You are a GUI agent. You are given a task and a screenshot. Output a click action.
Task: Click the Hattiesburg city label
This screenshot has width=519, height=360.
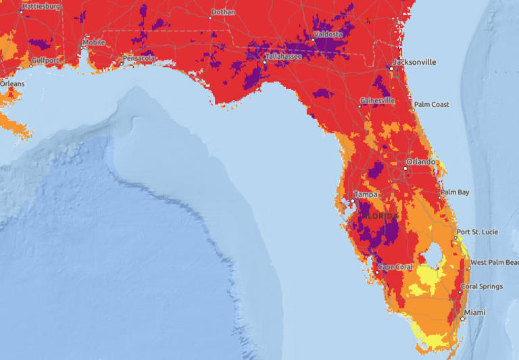(x=42, y=6)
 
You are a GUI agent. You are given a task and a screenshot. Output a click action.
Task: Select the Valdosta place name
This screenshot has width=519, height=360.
(x=328, y=34)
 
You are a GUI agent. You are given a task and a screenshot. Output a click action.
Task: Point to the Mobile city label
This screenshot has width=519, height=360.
(x=93, y=43)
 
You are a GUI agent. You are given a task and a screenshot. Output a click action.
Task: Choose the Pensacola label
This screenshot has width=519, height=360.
(x=140, y=59)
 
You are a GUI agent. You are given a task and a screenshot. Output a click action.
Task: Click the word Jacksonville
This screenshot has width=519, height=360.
(x=416, y=62)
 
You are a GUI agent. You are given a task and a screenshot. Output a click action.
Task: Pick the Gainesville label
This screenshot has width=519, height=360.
(x=378, y=101)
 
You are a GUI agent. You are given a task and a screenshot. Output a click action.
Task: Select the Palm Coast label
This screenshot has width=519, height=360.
(x=431, y=105)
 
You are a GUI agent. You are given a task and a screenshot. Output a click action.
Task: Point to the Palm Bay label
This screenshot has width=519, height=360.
(x=454, y=192)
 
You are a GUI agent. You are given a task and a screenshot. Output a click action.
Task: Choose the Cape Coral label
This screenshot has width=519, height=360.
(x=395, y=267)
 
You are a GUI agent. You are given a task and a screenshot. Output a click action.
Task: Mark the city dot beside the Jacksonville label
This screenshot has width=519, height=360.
(x=391, y=68)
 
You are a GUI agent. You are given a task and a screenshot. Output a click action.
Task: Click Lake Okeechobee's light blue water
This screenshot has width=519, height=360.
(x=429, y=257)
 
